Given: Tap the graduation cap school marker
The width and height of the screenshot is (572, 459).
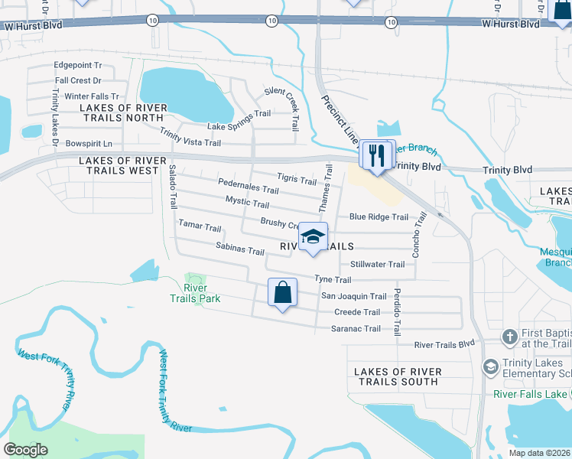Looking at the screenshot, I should pos(312,237).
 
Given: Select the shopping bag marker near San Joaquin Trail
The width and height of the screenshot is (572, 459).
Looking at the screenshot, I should pos(282,292).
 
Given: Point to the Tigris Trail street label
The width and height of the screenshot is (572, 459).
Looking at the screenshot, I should pos(297,181).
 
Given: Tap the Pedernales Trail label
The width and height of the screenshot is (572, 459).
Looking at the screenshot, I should pos(248,188).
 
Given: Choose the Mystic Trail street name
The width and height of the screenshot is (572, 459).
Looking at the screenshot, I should pos(247,203).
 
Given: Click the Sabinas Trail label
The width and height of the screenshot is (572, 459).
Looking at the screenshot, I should pos(239,251).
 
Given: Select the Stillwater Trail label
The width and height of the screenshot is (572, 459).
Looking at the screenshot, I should pos(377,265).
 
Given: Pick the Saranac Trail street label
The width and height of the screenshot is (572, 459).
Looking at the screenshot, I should pos(356,329).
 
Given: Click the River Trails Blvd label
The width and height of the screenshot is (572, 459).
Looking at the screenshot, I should pos(444,345).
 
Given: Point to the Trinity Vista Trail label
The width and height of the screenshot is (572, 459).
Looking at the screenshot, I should pos(190,138).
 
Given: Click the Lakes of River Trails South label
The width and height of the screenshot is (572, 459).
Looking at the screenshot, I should pos(398,376).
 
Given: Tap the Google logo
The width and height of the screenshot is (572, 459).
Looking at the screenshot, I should pos(26,449).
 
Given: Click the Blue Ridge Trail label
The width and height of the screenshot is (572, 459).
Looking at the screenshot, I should pos(379,216).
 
